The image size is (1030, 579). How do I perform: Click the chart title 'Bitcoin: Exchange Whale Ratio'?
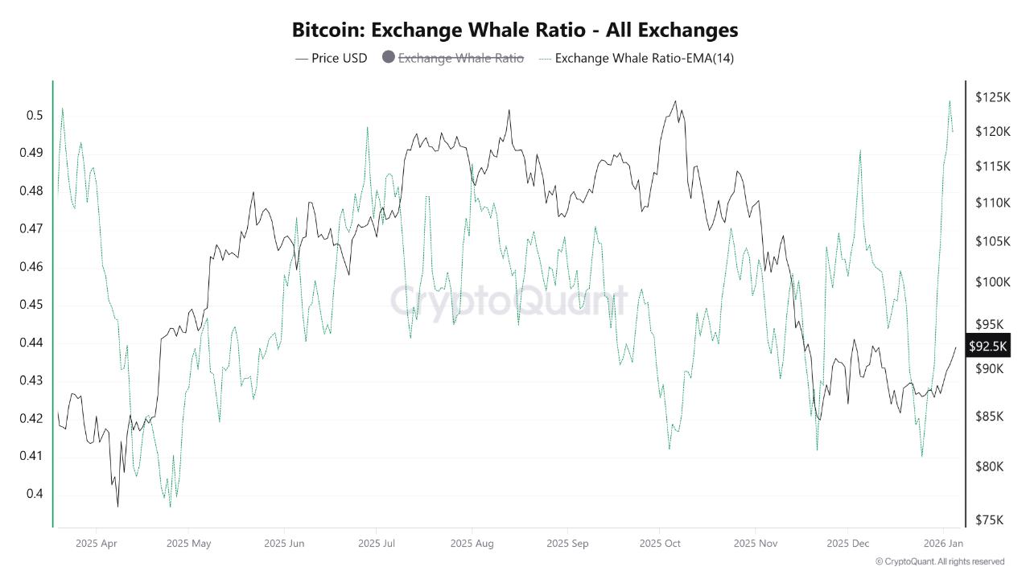click(515, 31)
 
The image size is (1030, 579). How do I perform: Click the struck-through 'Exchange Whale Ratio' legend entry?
click(460, 58)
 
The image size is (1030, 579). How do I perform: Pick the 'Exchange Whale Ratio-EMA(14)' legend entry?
click(644, 58)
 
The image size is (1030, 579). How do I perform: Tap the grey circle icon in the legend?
click(389, 58)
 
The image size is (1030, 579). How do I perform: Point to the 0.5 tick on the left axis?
click(34, 115)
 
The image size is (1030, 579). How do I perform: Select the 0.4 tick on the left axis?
click(34, 494)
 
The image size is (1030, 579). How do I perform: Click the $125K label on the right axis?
click(991, 97)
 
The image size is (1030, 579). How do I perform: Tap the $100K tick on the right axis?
click(991, 281)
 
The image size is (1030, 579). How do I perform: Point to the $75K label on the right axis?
click(989, 519)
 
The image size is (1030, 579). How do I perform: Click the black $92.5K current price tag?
click(987, 347)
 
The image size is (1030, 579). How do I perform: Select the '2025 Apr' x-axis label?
click(96, 544)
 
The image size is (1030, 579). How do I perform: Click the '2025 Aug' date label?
click(472, 544)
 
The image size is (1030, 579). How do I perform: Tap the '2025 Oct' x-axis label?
click(660, 544)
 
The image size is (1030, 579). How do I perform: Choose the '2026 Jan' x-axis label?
click(943, 544)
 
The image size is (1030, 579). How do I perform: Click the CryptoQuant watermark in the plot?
click(509, 301)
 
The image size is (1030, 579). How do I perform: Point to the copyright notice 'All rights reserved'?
click(939, 561)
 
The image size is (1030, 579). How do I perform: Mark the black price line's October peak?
click(675, 101)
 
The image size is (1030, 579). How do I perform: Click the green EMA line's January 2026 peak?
click(950, 101)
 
